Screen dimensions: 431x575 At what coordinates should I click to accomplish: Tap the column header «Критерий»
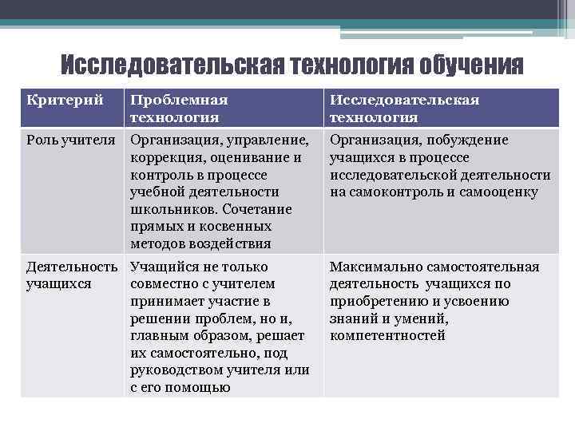[x=65, y=101]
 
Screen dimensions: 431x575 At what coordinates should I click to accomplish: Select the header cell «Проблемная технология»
[x=179, y=109]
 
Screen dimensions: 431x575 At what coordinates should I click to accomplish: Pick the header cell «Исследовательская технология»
[x=404, y=109]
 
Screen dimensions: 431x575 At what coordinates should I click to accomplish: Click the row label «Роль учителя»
[x=71, y=140]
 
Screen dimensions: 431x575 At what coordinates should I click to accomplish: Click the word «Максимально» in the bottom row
[x=371, y=267]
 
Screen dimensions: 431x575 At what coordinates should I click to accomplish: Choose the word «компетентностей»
[x=387, y=336]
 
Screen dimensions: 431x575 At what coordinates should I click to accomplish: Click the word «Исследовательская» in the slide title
[x=170, y=64]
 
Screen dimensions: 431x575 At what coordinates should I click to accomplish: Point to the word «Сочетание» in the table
[x=258, y=209]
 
